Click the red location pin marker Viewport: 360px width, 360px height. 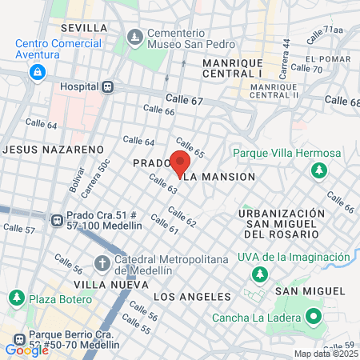pos(179,162)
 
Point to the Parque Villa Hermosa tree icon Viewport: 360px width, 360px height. pos(318,170)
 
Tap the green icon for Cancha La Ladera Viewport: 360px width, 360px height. pos(314,318)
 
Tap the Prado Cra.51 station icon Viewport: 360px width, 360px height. pos(57,220)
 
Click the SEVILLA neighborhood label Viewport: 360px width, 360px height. pos(83,28)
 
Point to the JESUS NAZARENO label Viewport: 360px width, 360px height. pos(54,150)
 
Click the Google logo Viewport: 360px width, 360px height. pos(26,350)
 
